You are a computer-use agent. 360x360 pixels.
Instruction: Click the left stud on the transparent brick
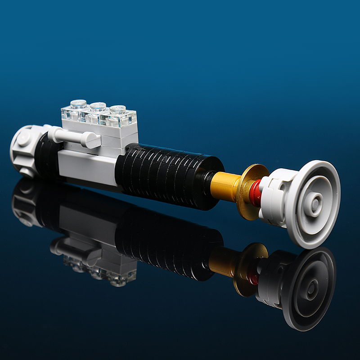pyautogui.click(x=78, y=104)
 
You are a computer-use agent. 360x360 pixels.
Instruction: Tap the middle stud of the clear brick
pyautogui.click(x=98, y=107)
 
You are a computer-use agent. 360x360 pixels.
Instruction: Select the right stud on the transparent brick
pyautogui.click(x=117, y=109)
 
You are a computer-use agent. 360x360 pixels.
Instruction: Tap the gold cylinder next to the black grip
pyautogui.click(x=225, y=185)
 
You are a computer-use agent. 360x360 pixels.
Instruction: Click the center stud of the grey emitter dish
pyautogui.click(x=314, y=203)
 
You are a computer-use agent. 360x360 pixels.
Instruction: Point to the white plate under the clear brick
pyautogui.click(x=103, y=130)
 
